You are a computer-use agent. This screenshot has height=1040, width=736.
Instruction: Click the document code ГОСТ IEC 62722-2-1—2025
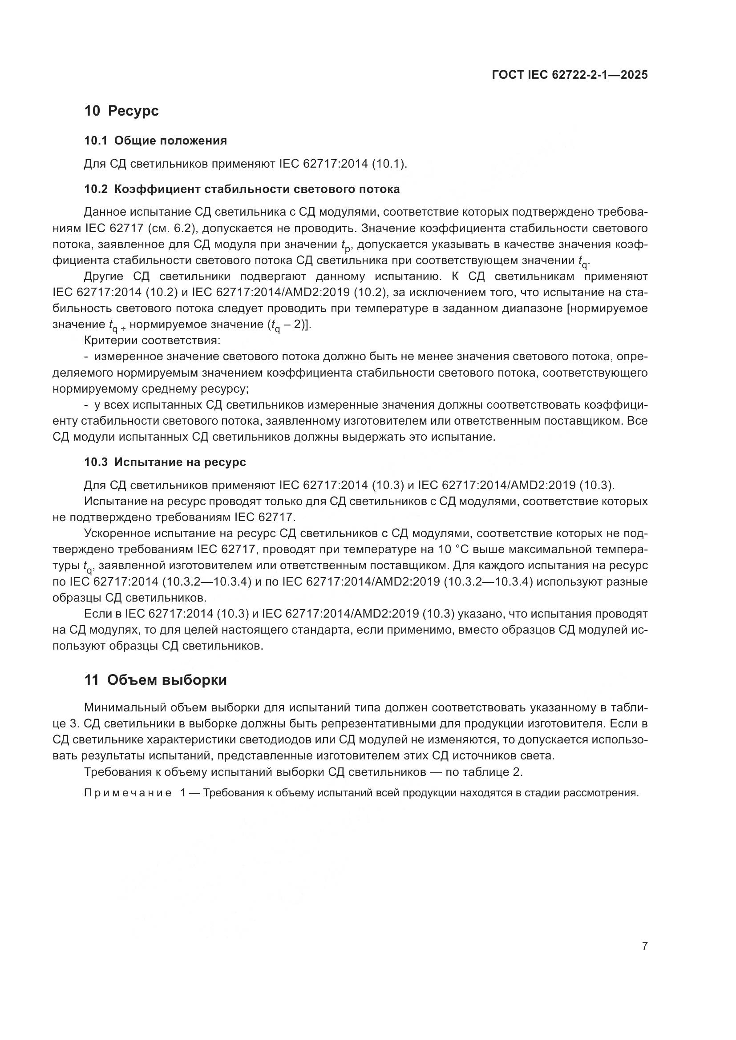pyautogui.click(x=569, y=75)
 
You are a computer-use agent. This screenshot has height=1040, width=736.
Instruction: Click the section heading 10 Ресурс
pyautogui.click(x=121, y=111)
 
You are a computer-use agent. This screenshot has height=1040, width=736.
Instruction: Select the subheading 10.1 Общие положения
pyautogui.click(x=155, y=141)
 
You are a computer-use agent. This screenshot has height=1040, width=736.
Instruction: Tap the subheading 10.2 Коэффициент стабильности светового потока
pyautogui.click(x=242, y=189)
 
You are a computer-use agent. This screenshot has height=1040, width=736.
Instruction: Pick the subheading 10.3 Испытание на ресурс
pyautogui.click(x=165, y=462)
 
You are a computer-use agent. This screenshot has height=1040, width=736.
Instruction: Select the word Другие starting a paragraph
pyautogui.click(x=103, y=276)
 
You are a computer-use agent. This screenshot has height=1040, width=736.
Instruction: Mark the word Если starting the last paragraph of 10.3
pyautogui.click(x=96, y=614)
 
